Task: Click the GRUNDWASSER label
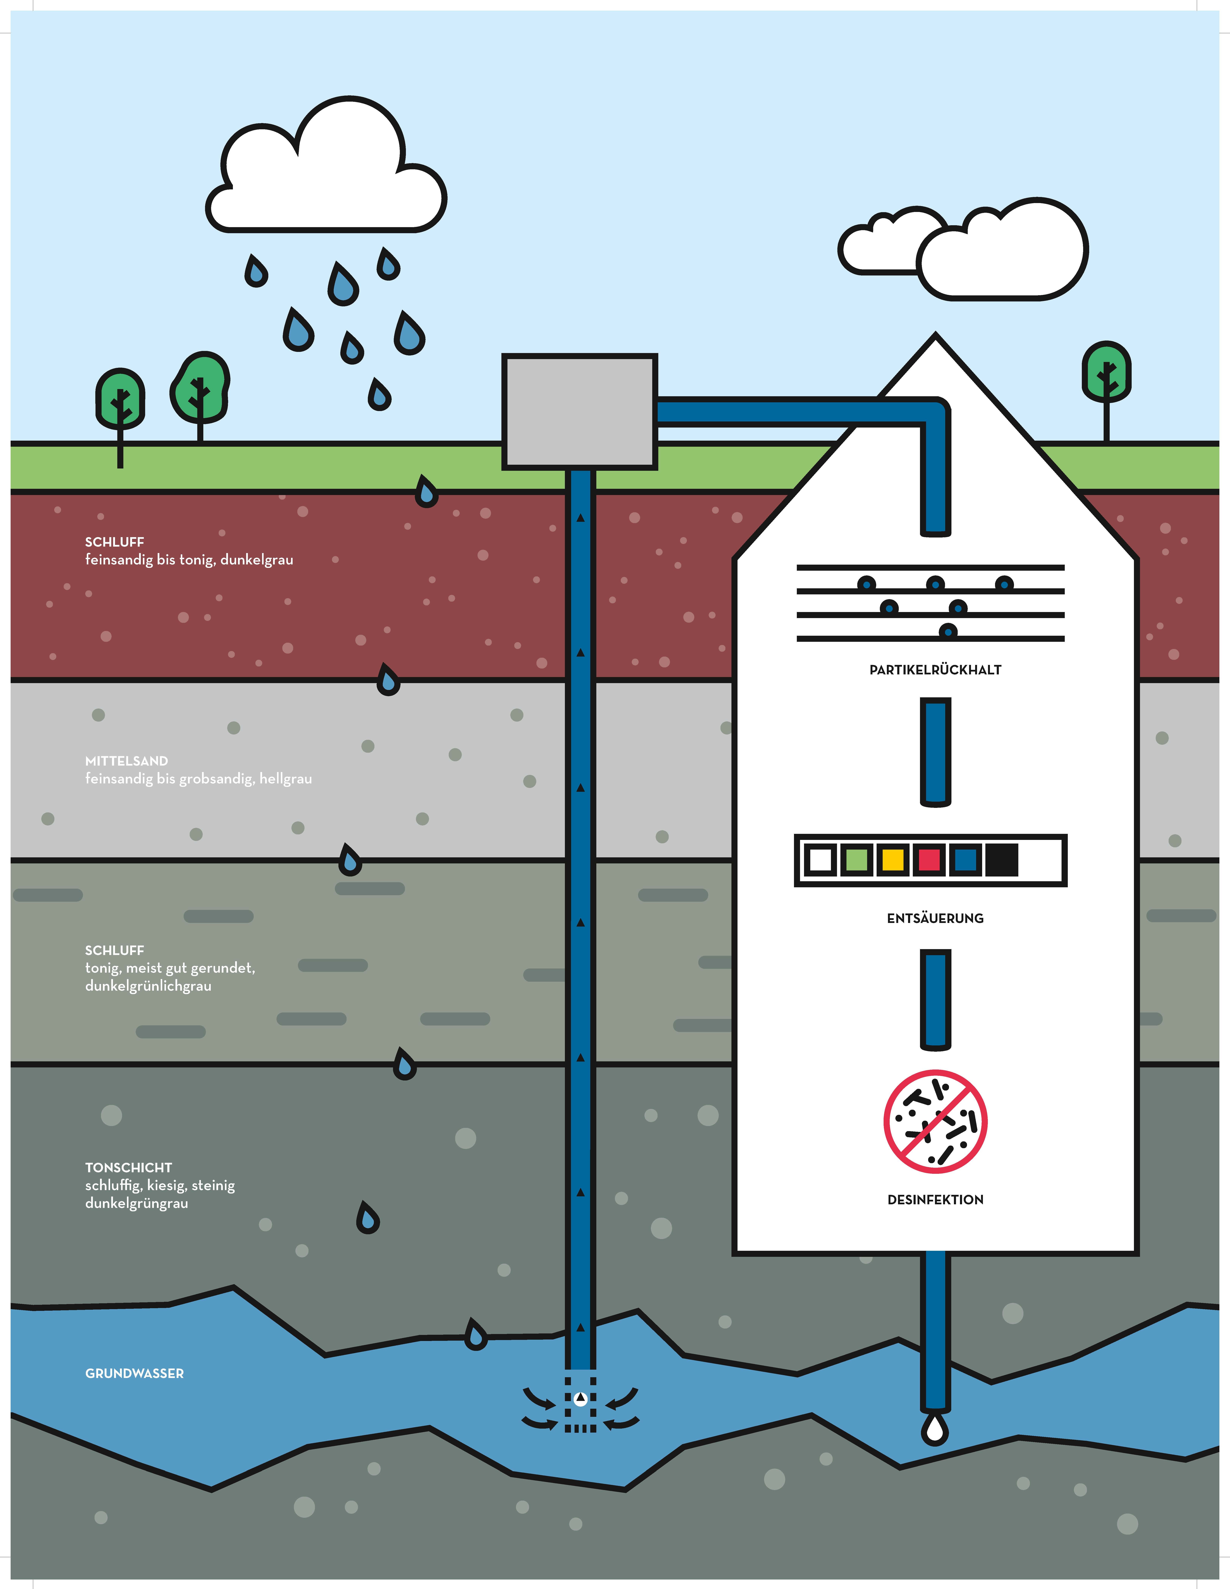135,1374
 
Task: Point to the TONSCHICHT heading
129,1168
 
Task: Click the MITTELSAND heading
127,761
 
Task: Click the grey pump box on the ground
580,411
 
